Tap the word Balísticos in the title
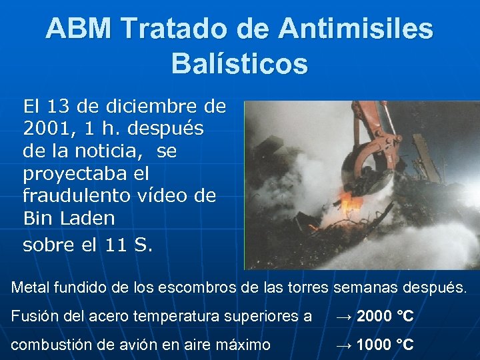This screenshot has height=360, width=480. [239, 64]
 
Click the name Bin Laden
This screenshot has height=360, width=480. [69, 218]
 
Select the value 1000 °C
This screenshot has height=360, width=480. [385, 345]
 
